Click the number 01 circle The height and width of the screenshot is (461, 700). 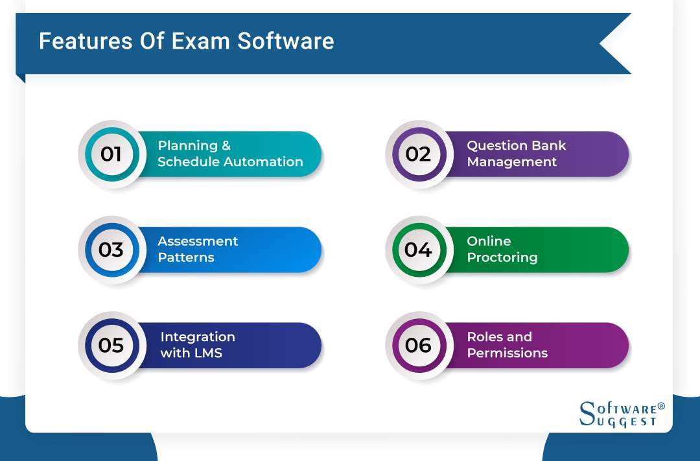[111, 154]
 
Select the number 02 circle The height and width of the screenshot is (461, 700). [418, 154]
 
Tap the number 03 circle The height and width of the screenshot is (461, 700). [111, 250]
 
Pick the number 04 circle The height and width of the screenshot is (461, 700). [418, 250]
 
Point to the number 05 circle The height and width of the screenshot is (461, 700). [111, 345]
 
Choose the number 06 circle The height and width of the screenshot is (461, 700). [418, 345]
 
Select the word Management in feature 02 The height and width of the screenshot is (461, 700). [512, 162]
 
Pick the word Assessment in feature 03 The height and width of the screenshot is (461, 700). [198, 241]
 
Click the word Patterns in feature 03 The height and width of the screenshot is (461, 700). [185, 257]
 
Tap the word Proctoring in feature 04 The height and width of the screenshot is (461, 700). [502, 257]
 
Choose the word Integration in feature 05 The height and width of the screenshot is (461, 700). [198, 337]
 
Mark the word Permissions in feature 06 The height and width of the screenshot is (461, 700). [507, 353]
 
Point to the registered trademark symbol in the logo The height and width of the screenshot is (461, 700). [661, 406]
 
